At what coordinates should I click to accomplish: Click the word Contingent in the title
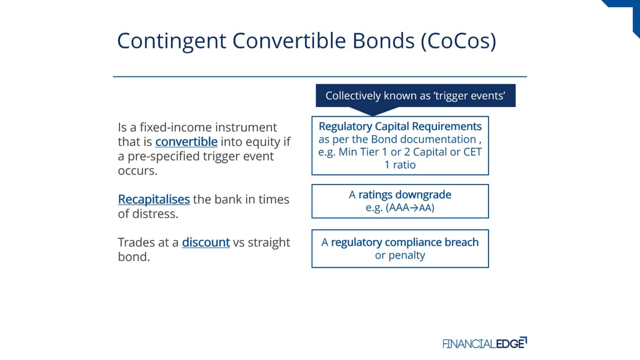pyautogui.click(x=172, y=41)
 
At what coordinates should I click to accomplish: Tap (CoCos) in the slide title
pyautogui.click(x=459, y=41)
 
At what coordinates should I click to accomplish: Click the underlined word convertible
pyautogui.click(x=186, y=142)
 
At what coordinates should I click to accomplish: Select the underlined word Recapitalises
pyautogui.click(x=154, y=199)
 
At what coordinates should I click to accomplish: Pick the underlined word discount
pyautogui.click(x=206, y=242)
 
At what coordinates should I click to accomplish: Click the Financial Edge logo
pyautogui.click(x=485, y=343)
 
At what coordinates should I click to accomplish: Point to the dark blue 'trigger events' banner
pyautogui.click(x=415, y=95)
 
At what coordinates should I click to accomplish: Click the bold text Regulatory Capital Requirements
pyautogui.click(x=400, y=126)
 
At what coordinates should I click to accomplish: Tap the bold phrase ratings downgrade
pyautogui.click(x=405, y=195)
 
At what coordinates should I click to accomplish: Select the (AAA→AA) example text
pyautogui.click(x=410, y=207)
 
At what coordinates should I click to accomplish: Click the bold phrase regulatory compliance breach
pyautogui.click(x=405, y=242)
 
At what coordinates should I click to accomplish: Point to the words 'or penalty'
pyautogui.click(x=400, y=255)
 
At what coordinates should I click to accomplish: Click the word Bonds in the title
pyautogui.click(x=383, y=41)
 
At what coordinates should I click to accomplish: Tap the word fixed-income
pyautogui.click(x=175, y=127)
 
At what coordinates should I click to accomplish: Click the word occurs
pyautogui.click(x=138, y=171)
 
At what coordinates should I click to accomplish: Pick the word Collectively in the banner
pyautogui.click(x=353, y=95)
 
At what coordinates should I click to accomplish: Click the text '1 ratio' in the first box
pyautogui.click(x=400, y=165)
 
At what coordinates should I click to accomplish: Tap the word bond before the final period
pyautogui.click(x=132, y=257)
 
